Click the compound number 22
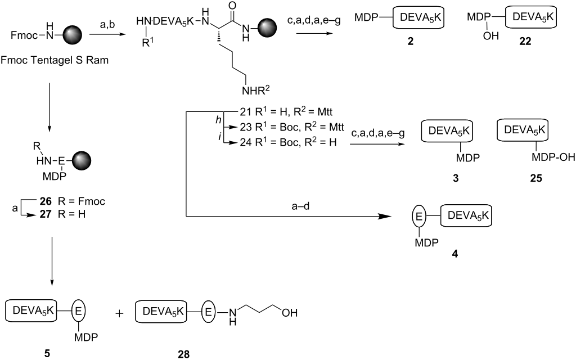525,41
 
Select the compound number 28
184,354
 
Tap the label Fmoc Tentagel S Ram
55,60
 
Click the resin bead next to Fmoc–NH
72,35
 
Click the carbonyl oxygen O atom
232,6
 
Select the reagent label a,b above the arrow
108,24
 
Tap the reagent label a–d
300,206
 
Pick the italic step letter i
220,137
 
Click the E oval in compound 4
418,216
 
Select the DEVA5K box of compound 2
418,17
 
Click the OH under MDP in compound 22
490,35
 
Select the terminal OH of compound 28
290,313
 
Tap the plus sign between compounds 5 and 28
119,313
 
